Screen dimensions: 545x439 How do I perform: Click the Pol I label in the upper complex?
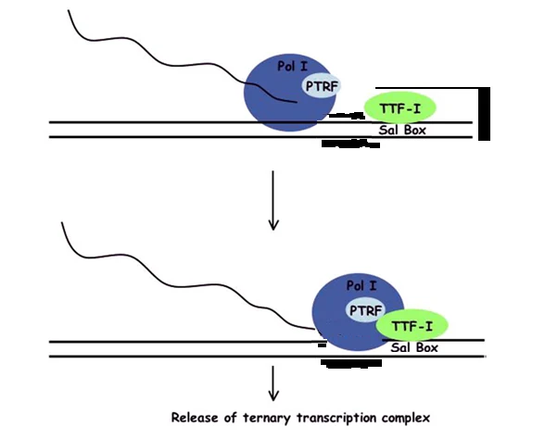[292, 66]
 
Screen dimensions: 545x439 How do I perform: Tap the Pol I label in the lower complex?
[361, 286]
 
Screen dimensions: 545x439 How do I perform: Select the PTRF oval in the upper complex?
[322, 85]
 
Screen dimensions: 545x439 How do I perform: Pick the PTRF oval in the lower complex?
[365, 309]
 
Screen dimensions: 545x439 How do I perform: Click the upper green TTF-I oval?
[399, 108]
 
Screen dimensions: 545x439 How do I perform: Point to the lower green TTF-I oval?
[412, 325]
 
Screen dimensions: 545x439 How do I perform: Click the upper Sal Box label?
[402, 131]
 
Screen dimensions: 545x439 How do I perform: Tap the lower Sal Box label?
[414, 347]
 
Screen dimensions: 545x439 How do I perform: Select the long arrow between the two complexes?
[273, 200]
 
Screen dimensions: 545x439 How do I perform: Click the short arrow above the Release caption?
[273, 383]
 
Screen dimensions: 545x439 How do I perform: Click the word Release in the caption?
[195, 417]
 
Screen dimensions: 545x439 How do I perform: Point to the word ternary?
[266, 419]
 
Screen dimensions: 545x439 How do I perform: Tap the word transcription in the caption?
[336, 419]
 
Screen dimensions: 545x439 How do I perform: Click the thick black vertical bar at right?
[484, 114]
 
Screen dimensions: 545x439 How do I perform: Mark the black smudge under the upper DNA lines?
[350, 144]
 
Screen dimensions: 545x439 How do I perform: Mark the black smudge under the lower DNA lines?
[351, 364]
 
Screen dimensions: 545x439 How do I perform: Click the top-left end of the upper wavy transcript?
[69, 10]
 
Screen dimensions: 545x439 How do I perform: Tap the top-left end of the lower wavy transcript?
[62, 222]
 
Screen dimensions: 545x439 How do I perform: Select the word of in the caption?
[231, 417]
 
